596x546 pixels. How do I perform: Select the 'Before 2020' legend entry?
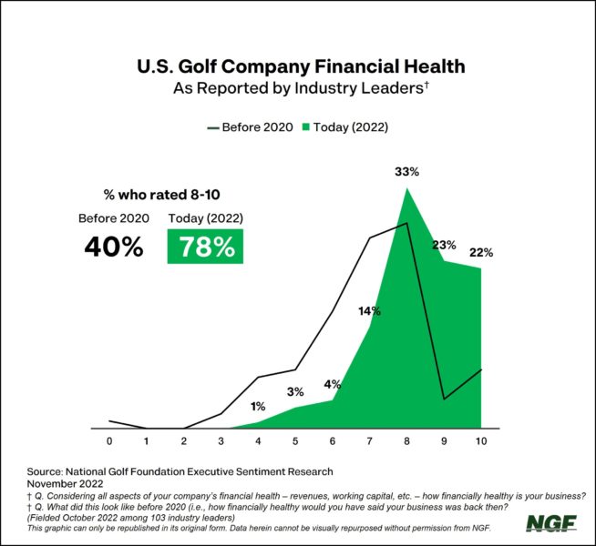(251, 126)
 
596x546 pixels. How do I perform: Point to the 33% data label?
(406, 170)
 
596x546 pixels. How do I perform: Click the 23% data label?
(444, 244)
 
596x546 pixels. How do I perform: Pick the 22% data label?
(481, 251)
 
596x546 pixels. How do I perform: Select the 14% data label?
(369, 311)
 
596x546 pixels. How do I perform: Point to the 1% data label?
(258, 406)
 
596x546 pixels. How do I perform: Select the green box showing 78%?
(205, 248)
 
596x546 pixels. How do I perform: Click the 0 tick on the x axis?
(109, 441)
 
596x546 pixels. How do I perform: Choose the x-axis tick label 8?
(406, 441)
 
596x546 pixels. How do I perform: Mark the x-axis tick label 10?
(480, 441)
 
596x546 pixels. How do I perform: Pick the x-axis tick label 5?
(295, 441)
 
